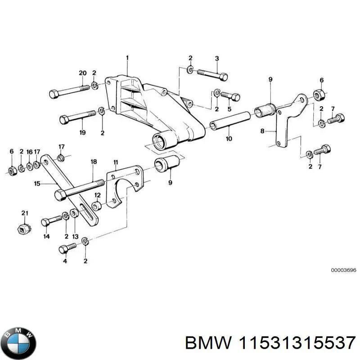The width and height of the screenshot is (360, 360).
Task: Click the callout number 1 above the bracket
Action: (x=127, y=58)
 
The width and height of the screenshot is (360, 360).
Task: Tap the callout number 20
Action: (x=82, y=73)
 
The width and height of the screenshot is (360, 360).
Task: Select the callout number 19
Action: (x=82, y=132)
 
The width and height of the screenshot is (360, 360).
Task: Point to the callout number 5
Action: (x=229, y=109)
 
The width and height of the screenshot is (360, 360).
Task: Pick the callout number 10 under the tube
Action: (x=229, y=139)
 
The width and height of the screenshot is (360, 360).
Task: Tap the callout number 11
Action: (x=116, y=162)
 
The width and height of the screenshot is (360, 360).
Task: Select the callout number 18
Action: (x=94, y=162)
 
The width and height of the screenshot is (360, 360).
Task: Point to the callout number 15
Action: (x=37, y=184)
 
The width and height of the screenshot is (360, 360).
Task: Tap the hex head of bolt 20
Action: (x=53, y=94)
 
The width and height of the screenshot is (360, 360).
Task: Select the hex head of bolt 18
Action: (x=59, y=195)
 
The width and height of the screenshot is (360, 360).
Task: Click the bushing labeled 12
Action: (x=96, y=206)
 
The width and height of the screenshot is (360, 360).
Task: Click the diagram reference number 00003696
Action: (x=344, y=270)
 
